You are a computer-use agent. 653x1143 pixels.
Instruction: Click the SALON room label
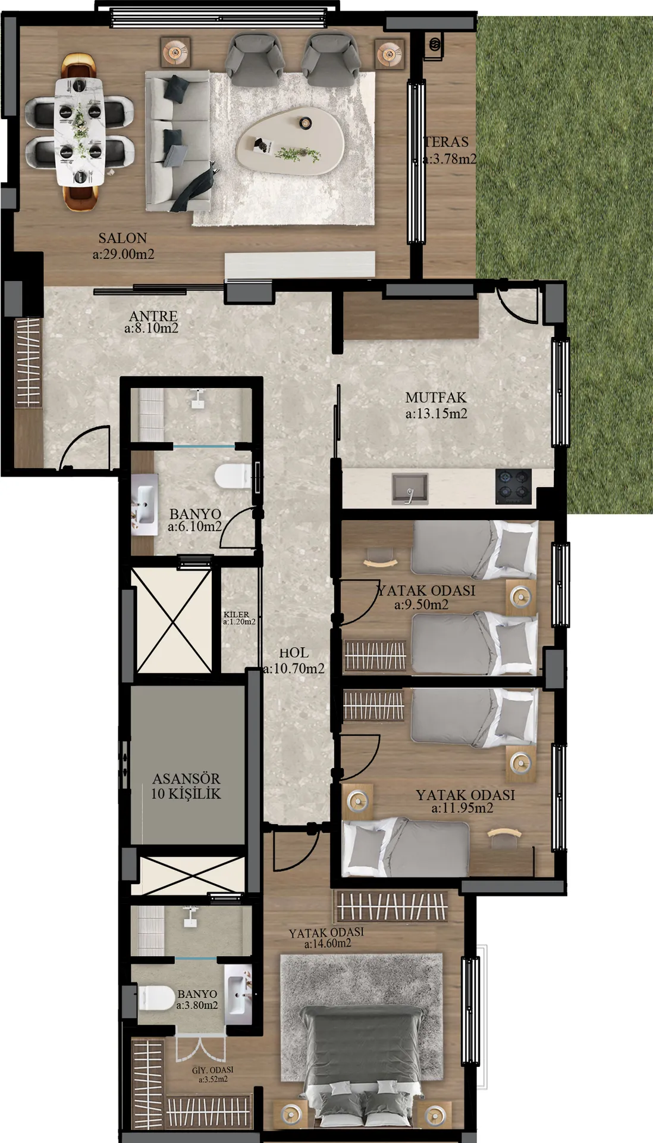coord(123,238)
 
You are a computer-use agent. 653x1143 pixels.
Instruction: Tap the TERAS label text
coord(447,142)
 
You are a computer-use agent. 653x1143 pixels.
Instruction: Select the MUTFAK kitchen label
coord(436,398)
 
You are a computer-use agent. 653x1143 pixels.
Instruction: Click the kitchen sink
coord(410,488)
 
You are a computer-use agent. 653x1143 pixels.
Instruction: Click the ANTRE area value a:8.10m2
coord(152,328)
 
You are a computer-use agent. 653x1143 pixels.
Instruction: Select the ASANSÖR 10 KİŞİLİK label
coord(186,786)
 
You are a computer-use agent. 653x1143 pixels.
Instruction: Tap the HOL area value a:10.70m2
coord(294,669)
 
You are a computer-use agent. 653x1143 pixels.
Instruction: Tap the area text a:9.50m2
coord(421,605)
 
